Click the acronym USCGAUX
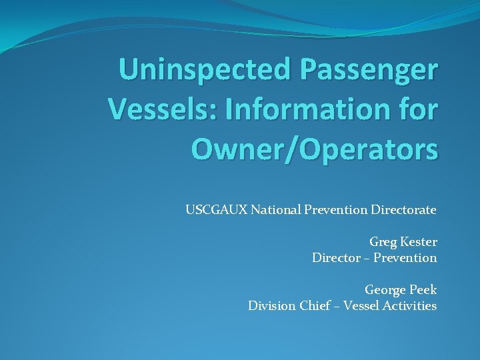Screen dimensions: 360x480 (216, 210)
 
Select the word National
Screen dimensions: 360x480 (275, 210)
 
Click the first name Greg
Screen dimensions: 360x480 (383, 242)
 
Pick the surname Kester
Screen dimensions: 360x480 (418, 242)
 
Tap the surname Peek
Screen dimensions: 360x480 (422, 290)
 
